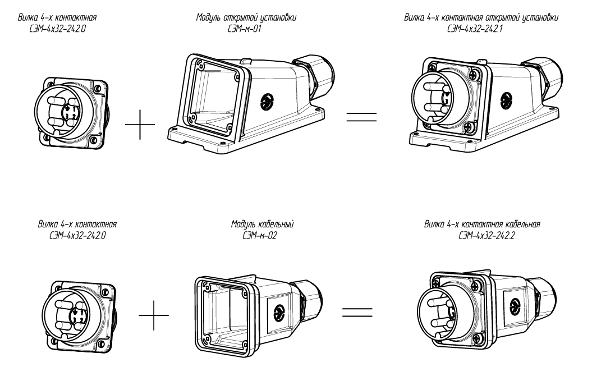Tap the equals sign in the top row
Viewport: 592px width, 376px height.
pyautogui.click(x=361, y=117)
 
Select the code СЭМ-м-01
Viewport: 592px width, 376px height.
pyautogui.click(x=246, y=28)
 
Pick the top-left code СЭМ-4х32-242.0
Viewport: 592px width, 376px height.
pyautogui.click(x=54, y=28)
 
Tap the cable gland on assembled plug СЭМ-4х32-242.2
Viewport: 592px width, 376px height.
pyautogui.click(x=547, y=292)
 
